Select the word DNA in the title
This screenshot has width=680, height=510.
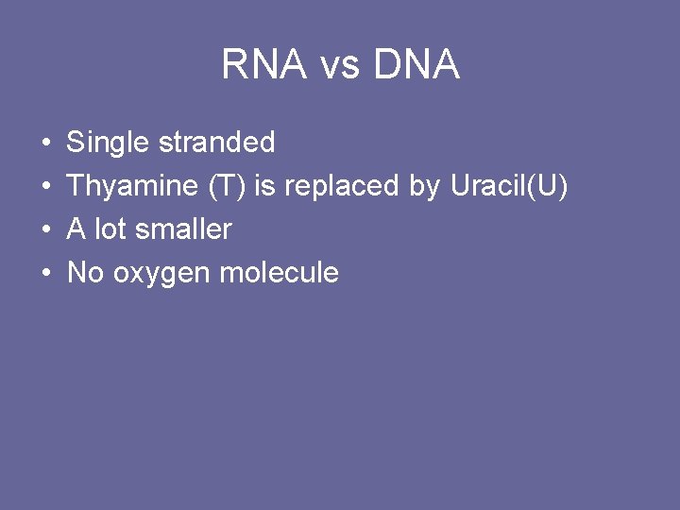tap(416, 65)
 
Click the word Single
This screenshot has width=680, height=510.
tap(108, 144)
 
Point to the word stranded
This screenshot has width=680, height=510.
tap(216, 143)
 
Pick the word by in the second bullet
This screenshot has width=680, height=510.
tap(424, 187)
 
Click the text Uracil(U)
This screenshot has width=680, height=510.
tap(509, 186)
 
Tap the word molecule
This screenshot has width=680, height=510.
tap(279, 273)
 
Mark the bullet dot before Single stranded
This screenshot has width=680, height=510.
tap(46, 144)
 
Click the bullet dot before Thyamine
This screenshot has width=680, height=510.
tap(46, 187)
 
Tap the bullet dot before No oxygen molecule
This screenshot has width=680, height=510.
tap(46, 274)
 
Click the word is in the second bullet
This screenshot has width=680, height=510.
tap(265, 186)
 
